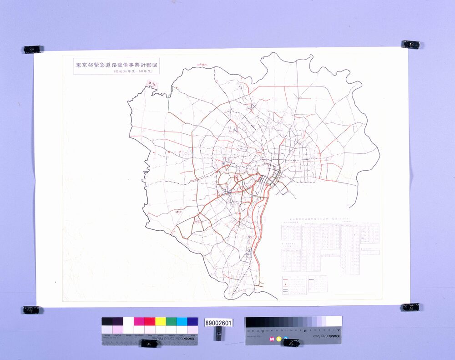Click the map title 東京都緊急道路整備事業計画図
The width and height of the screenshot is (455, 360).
point(116,65)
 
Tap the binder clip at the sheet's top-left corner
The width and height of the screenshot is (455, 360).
point(32,49)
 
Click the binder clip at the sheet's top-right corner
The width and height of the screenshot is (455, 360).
point(411,44)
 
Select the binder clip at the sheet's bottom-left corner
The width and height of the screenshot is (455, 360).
point(31,309)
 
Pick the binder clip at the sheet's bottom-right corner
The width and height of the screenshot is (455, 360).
point(410,307)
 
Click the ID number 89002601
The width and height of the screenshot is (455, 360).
point(219,323)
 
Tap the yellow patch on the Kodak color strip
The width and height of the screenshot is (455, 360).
point(161,321)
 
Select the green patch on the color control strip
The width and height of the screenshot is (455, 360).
point(171,321)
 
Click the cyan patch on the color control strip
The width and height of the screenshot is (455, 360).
point(182,321)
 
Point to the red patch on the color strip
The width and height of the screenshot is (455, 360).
point(150,321)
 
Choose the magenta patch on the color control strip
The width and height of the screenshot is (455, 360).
point(139,321)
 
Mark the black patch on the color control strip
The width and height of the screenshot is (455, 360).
point(106,321)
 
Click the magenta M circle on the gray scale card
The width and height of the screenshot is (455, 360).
point(273,339)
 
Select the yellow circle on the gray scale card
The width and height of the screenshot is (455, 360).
point(279,339)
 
